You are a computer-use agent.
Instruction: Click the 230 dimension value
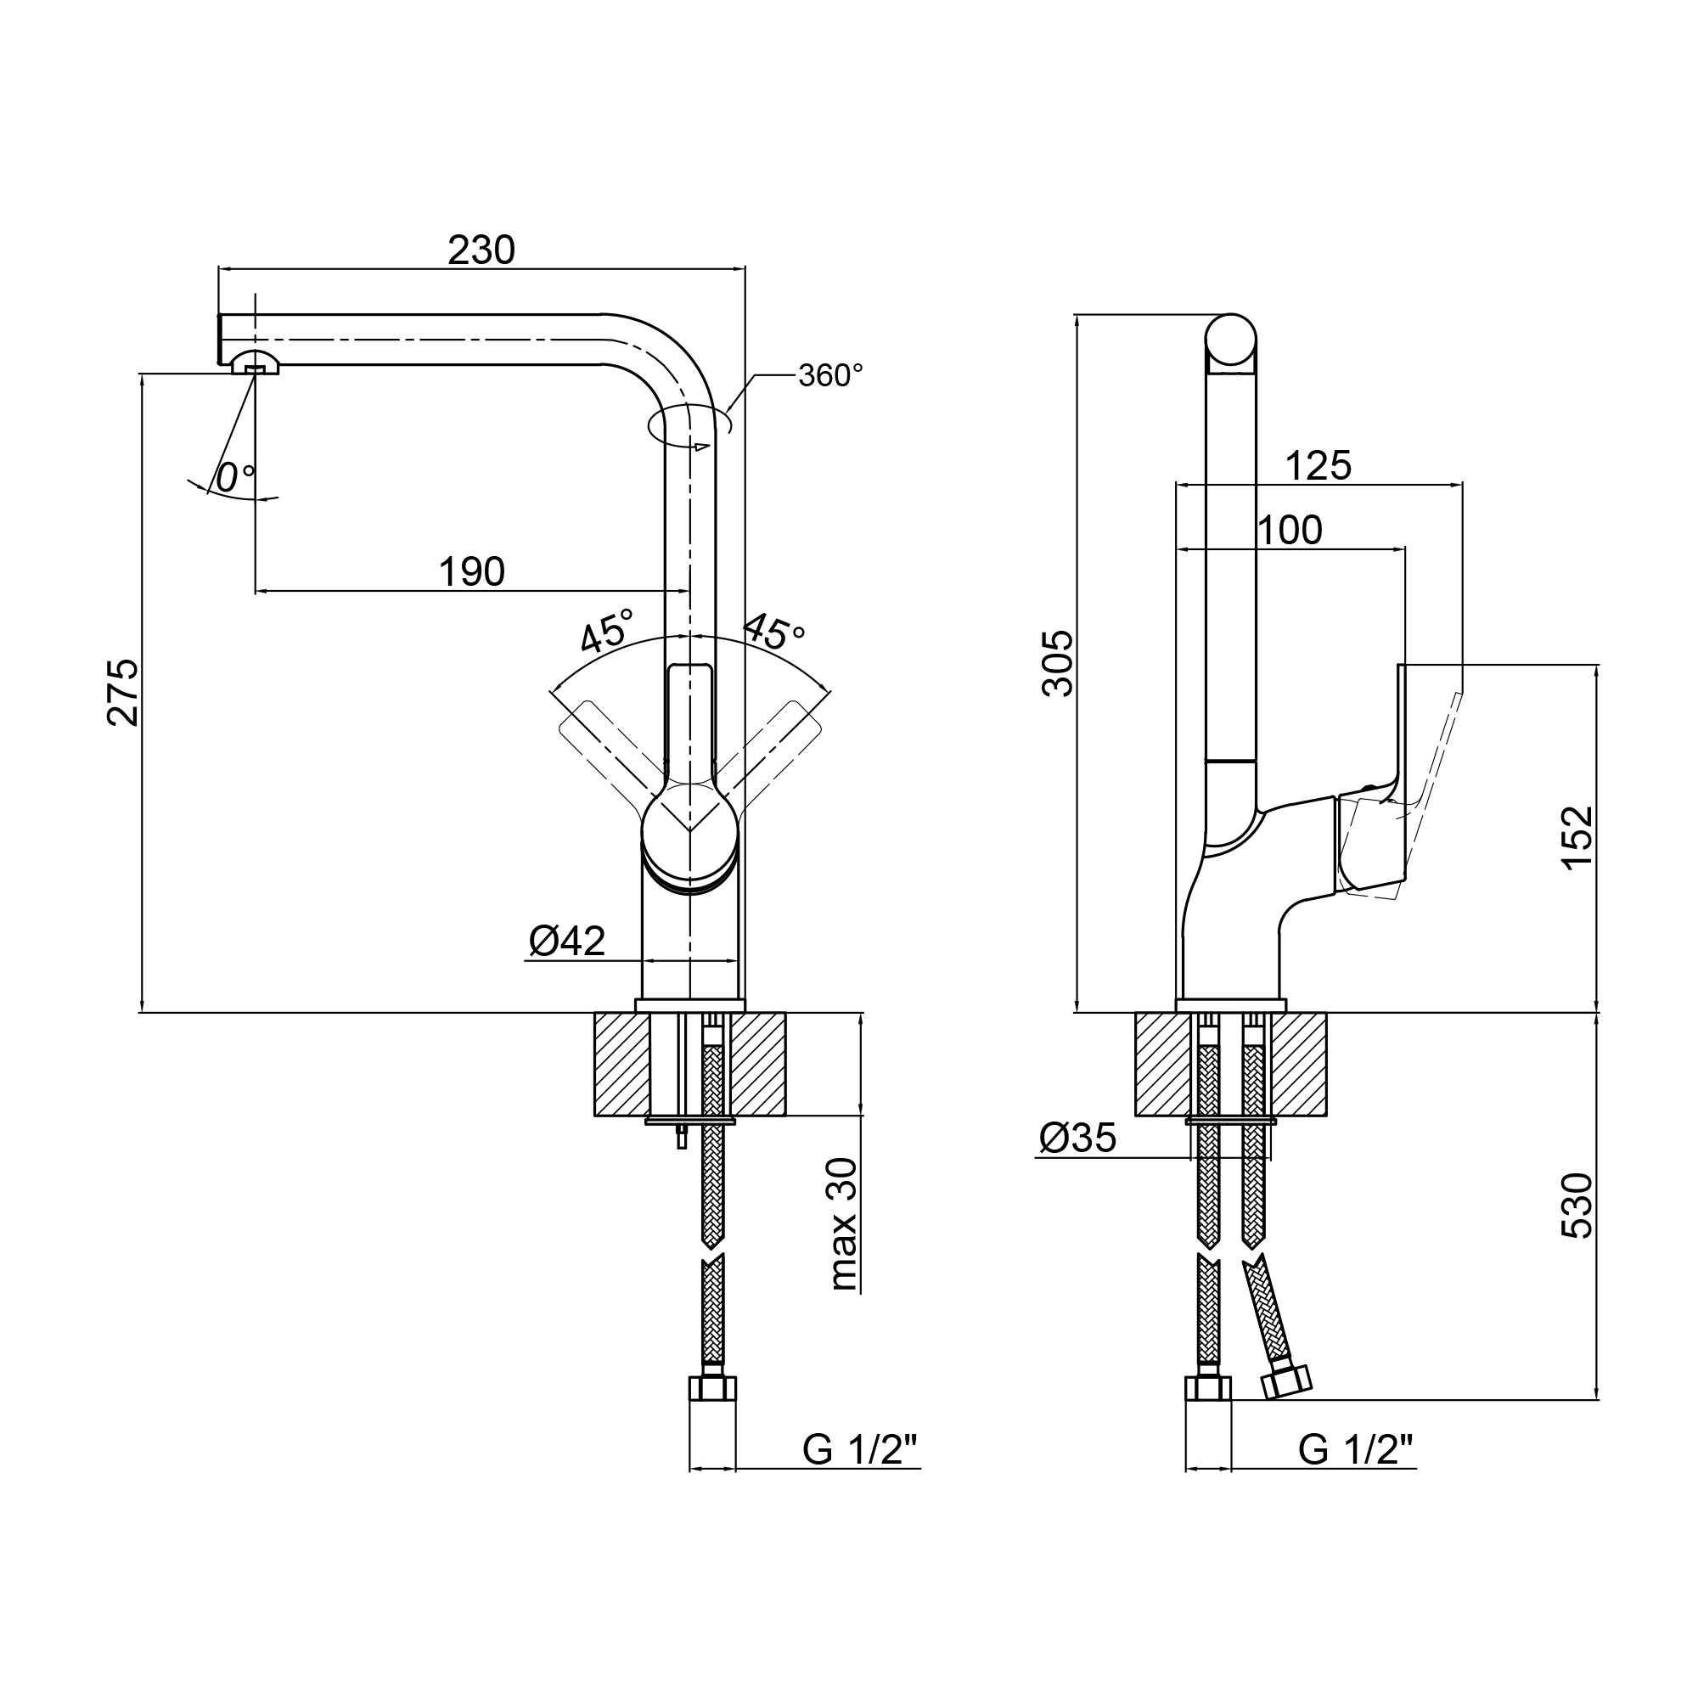point(481,250)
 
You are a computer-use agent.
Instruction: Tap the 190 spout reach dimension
point(472,572)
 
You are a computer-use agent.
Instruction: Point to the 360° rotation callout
point(829,375)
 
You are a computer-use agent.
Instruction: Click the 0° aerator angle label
point(233,478)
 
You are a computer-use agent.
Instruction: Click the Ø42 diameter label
point(567,942)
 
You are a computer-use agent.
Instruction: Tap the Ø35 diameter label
point(1077,1138)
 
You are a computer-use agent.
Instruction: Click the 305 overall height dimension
point(1058,664)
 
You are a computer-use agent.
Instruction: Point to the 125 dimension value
point(1318,466)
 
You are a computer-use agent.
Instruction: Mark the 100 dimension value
point(1290,530)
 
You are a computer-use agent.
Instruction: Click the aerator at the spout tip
point(255,363)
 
